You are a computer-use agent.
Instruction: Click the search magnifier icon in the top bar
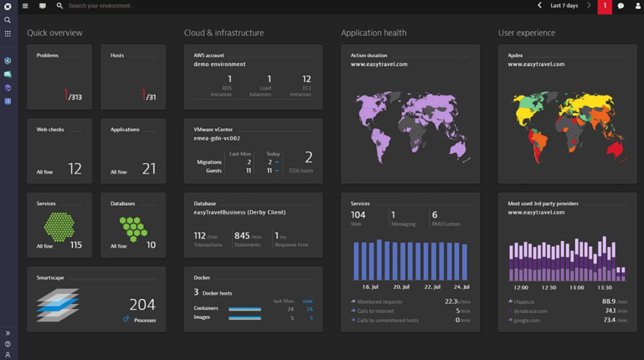(x=60, y=6)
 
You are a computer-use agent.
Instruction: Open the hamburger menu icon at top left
(x=25, y=6)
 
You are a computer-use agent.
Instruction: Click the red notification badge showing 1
(x=604, y=6)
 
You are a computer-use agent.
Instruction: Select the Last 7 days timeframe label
(x=563, y=6)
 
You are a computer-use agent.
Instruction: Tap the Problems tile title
(x=47, y=55)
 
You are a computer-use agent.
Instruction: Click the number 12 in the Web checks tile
(x=75, y=169)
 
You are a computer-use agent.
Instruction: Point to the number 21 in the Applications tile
(x=148, y=169)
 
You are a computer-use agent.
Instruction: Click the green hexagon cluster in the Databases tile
(x=133, y=228)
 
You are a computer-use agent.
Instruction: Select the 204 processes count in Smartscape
(x=142, y=305)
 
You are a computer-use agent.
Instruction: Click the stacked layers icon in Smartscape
(x=58, y=305)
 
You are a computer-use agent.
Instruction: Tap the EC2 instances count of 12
(x=306, y=79)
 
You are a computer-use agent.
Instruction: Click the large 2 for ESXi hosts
(x=308, y=157)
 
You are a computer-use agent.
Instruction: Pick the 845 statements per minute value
(x=242, y=236)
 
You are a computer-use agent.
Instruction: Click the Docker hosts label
(x=217, y=293)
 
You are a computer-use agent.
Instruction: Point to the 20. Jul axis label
(x=401, y=287)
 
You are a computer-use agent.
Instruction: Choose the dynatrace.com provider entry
(x=531, y=311)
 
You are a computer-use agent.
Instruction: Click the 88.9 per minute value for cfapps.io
(x=608, y=301)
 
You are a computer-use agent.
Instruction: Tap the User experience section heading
(x=526, y=33)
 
